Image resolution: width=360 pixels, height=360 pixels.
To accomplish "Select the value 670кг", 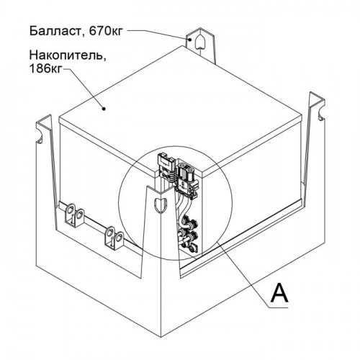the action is (106, 31).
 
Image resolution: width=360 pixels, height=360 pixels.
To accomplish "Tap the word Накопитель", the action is (68, 56).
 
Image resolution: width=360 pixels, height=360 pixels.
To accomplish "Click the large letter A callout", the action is (279, 292).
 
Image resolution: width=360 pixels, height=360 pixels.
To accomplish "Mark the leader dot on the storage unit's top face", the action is (104, 109).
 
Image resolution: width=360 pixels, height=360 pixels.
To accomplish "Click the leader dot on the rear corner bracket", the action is (190, 40).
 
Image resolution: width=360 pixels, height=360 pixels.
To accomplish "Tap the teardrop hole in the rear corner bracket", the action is (199, 42).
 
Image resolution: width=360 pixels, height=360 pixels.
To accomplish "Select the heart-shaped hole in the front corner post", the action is (159, 205).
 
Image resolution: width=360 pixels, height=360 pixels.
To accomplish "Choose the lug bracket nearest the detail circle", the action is (114, 238).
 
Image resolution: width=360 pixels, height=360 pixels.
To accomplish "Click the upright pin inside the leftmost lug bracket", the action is (73, 220).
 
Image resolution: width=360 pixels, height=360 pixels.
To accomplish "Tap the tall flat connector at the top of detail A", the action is (166, 168).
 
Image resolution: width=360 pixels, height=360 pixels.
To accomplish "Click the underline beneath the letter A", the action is (279, 307).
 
